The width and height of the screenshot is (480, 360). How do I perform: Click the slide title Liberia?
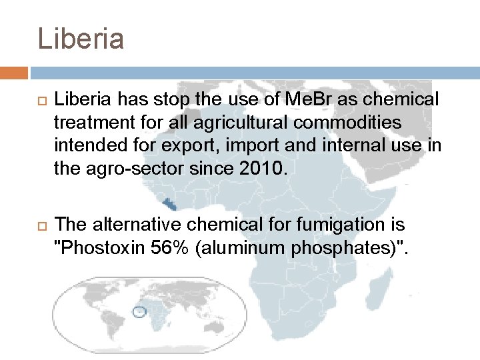81,39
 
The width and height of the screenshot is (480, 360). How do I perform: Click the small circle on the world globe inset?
139,311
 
